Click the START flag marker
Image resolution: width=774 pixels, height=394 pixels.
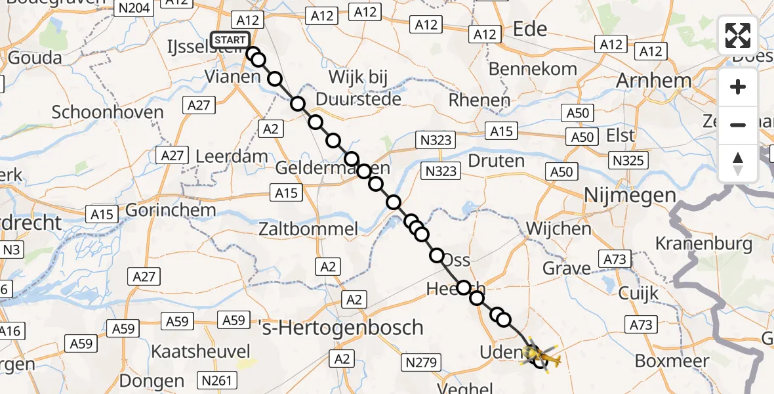click(230, 40)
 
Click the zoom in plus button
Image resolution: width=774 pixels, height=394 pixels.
click(738, 87)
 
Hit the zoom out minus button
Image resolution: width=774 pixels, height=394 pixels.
click(738, 125)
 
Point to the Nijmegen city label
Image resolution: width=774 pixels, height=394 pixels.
click(630, 195)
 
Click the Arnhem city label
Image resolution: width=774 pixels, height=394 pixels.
click(653, 81)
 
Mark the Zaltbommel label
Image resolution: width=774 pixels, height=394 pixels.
click(308, 229)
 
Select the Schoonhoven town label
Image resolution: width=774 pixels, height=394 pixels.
click(108, 112)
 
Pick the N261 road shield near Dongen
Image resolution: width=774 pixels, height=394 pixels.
click(216, 380)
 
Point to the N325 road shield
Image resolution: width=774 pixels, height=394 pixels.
click(628, 160)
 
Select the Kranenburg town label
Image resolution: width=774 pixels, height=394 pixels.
click(704, 244)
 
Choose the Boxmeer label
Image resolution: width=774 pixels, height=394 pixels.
click(672, 361)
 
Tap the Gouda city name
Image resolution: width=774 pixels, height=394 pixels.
click(35, 58)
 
